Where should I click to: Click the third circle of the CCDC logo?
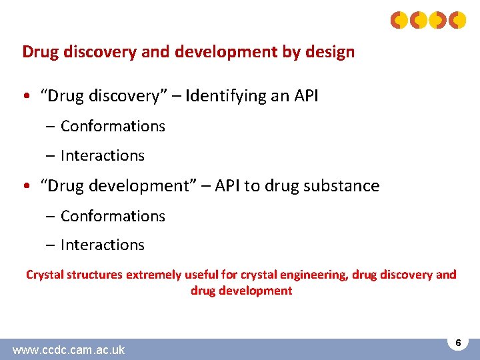(437, 20)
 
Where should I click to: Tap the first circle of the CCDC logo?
(399, 20)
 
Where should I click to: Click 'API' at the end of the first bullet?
(303, 96)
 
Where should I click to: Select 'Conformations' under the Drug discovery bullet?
(113, 126)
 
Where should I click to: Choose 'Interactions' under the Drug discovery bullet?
(102, 155)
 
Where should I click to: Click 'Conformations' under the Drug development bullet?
(113, 216)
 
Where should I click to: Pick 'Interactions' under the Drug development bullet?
(102, 245)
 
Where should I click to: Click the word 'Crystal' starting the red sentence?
(45, 275)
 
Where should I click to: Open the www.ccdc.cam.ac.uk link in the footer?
(68, 349)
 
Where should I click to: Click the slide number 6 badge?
(457, 343)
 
